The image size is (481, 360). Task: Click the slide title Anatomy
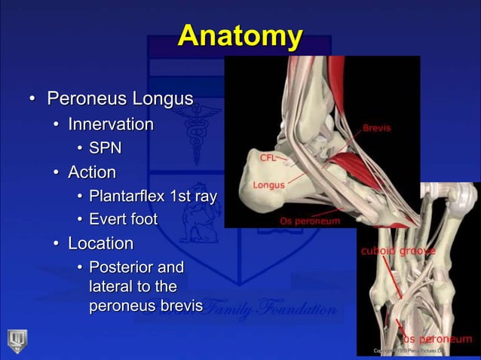(240, 35)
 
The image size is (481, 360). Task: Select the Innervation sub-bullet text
(111, 124)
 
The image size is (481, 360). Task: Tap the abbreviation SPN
(105, 148)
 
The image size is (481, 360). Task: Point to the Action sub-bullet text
(92, 172)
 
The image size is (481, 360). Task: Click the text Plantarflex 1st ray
(153, 197)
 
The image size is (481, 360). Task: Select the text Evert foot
(123, 219)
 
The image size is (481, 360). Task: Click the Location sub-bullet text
(100, 243)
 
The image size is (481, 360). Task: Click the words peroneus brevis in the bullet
(146, 307)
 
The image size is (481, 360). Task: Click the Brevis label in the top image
(377, 128)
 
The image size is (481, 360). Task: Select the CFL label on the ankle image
(268, 158)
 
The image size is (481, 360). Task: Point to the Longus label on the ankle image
(268, 185)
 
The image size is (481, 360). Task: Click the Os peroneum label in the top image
(310, 221)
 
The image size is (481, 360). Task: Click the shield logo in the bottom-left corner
(17, 340)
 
